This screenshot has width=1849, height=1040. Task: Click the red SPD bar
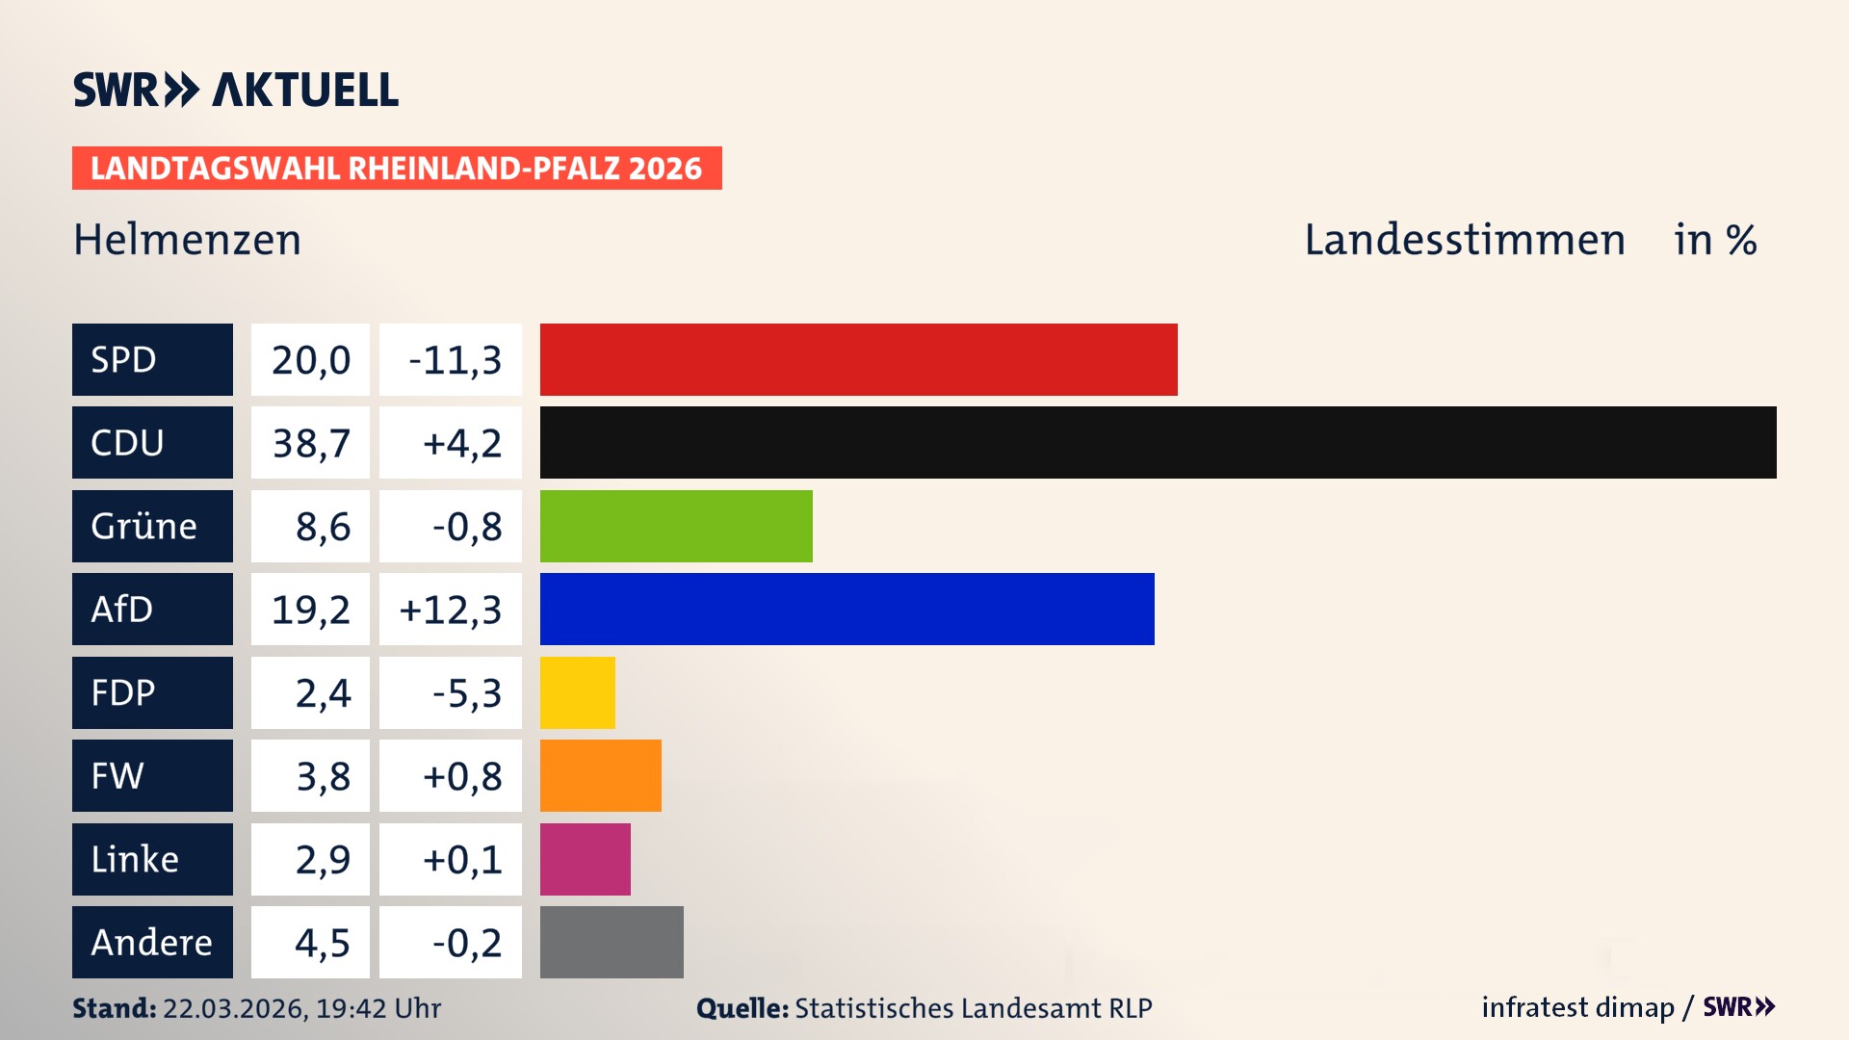[x=858, y=359]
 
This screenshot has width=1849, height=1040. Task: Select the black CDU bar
[x=1158, y=442]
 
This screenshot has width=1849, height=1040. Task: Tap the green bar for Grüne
[x=676, y=526]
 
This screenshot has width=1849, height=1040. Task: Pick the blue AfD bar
[x=846, y=609]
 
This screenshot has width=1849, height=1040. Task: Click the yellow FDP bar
[x=577, y=692]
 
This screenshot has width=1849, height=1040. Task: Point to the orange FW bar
[x=600, y=775]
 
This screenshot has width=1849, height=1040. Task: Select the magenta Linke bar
[x=585, y=859]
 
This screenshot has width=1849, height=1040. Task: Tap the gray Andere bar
[x=612, y=942]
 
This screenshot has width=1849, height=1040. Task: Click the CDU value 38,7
[x=310, y=443]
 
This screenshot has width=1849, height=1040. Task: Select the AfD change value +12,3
[x=451, y=610]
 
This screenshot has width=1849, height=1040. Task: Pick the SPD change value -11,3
[x=455, y=360]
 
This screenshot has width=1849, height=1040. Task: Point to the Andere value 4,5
[x=322, y=943]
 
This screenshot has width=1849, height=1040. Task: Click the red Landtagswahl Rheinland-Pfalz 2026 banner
[x=397, y=169]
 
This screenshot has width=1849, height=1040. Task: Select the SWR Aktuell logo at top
[x=236, y=90]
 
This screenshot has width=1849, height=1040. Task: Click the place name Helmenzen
[x=188, y=240]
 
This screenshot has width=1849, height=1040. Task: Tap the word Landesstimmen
[x=1464, y=240]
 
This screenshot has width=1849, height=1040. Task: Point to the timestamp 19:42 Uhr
[x=378, y=1008]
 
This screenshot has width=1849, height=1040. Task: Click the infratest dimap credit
[x=1576, y=1007]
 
